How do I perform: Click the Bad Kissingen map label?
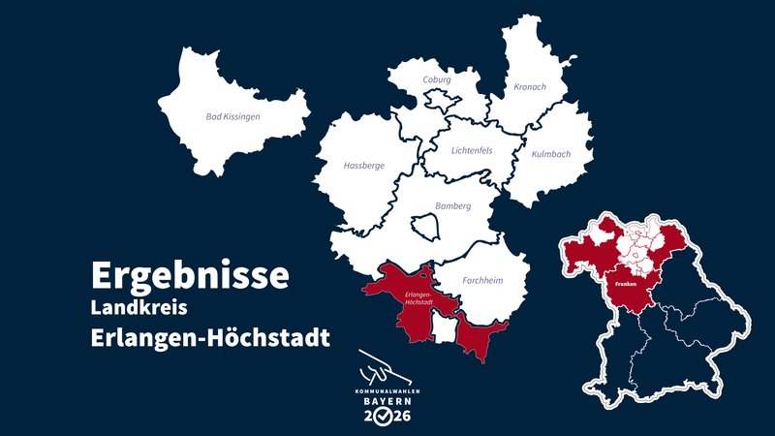pos(233,116)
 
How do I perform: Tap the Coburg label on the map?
pos(437,79)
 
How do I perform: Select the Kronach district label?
pos(530,87)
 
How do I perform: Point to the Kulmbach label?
pos(551,154)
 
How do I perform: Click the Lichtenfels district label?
pos(472,150)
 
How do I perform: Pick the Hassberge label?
pos(364,166)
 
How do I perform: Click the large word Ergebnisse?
pos(190,274)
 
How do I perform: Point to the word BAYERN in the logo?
pos(387,400)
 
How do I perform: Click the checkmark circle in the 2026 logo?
pos(386,418)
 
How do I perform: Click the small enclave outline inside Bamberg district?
pos(426,228)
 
